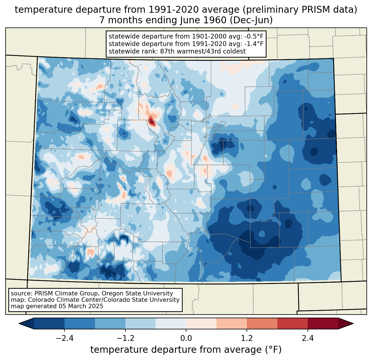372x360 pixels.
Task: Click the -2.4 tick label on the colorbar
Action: click(64, 338)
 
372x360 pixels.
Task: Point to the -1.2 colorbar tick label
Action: click(125, 338)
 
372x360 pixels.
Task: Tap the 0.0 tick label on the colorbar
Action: click(186, 338)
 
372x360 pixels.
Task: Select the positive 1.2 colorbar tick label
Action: click(247, 338)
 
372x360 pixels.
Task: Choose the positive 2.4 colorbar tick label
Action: click(308, 338)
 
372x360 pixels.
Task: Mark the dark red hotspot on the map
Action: click(151, 121)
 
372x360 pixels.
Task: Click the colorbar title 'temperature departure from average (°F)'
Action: click(186, 350)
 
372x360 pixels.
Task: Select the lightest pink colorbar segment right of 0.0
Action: click(201, 323)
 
